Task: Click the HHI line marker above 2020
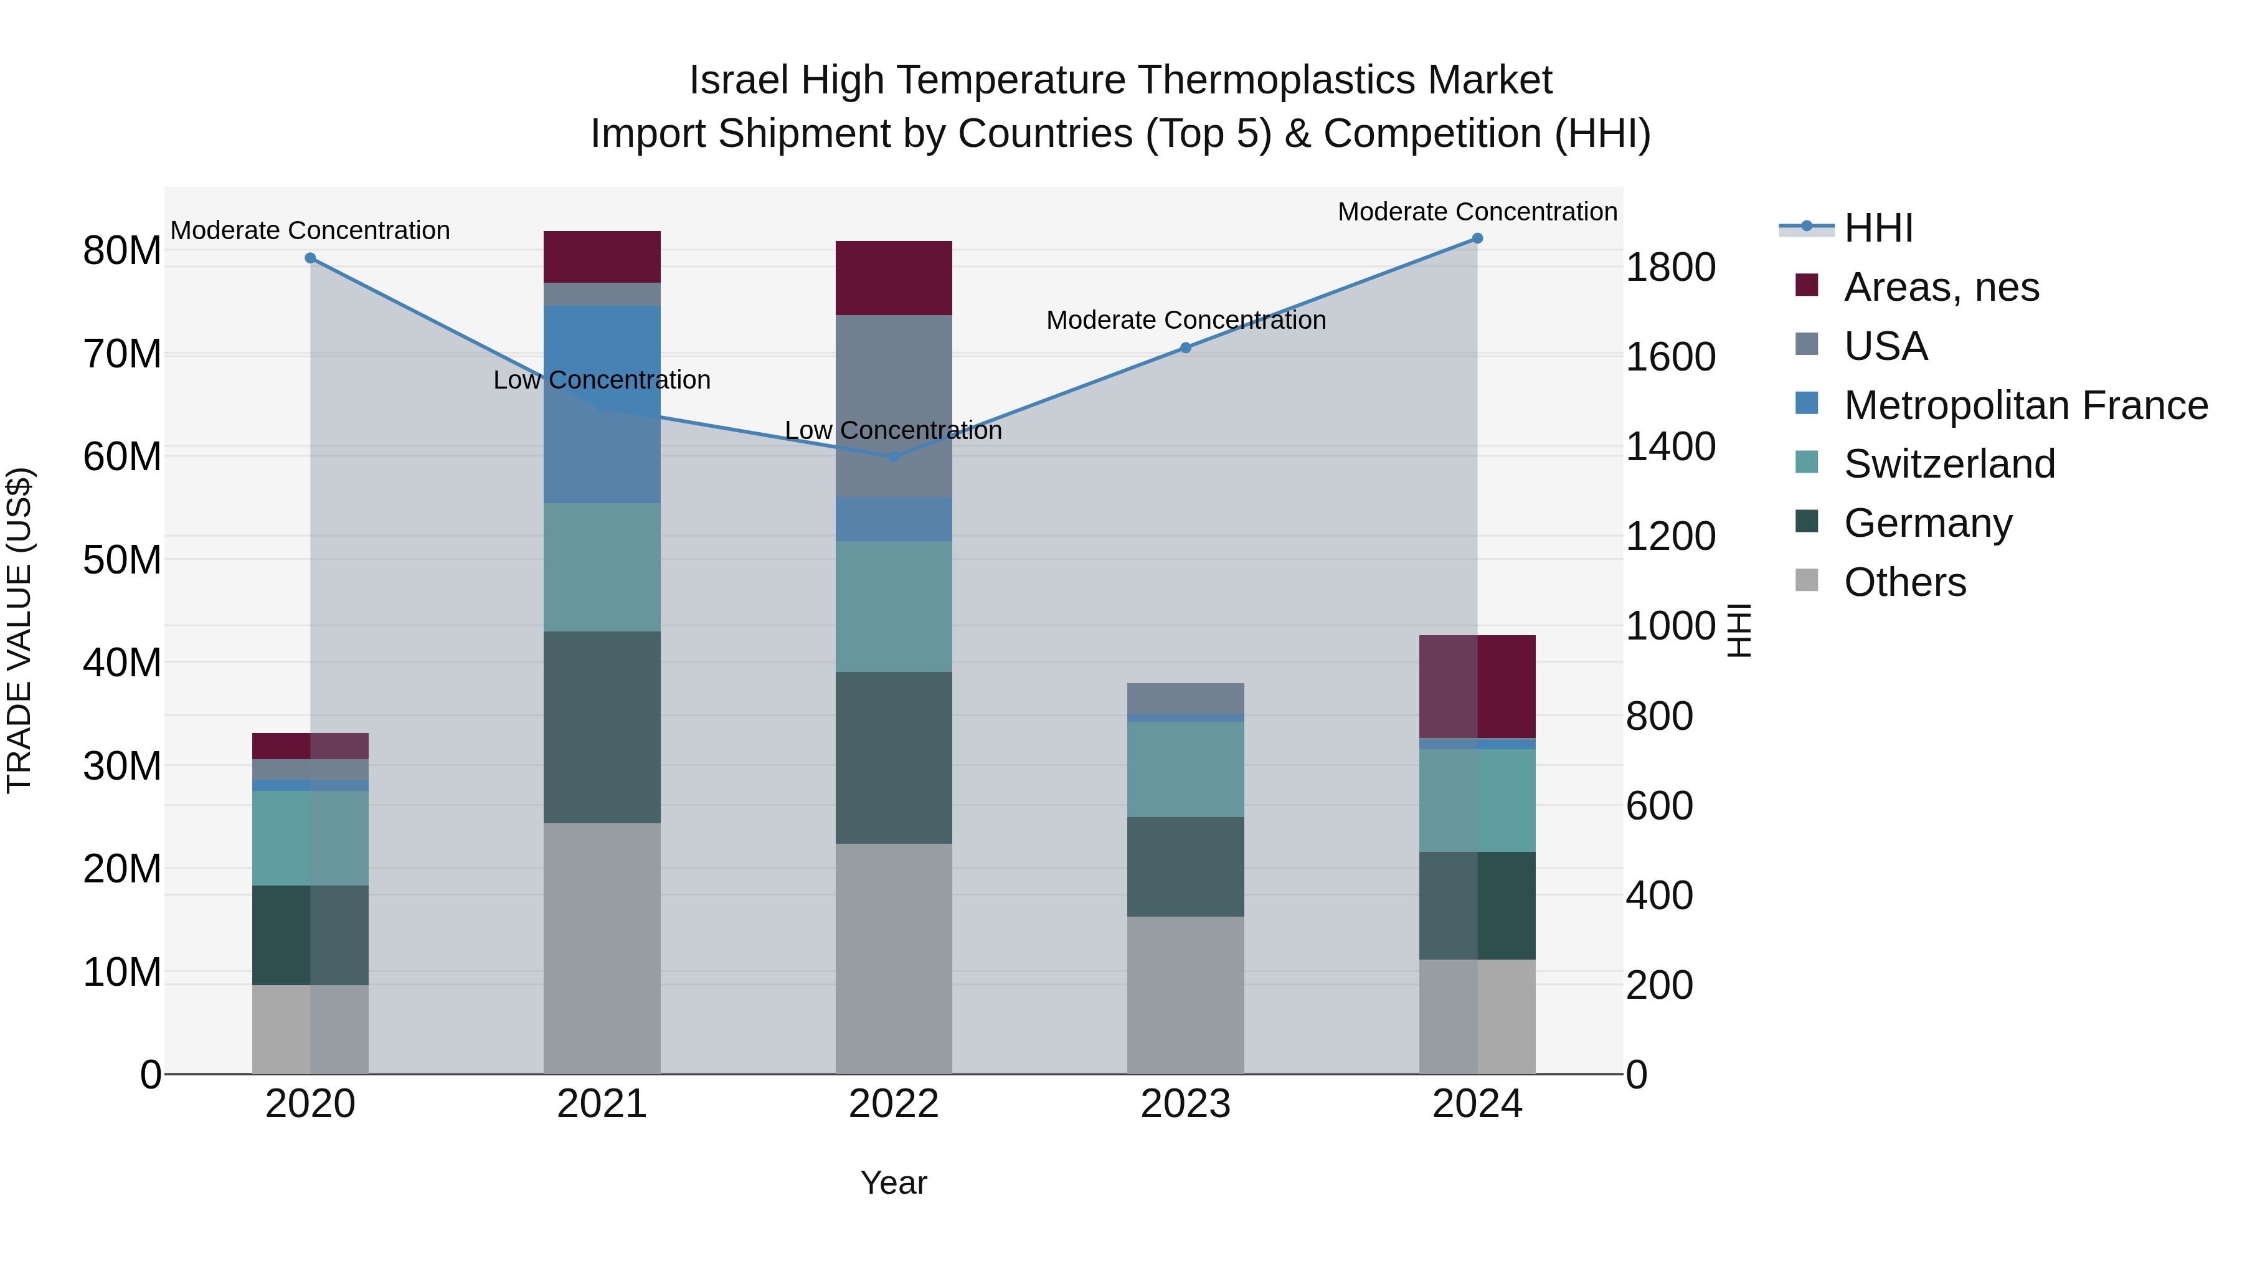point(310,258)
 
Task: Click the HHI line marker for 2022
point(894,456)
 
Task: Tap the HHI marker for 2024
point(1477,239)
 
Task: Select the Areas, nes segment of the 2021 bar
point(602,257)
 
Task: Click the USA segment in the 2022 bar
point(894,405)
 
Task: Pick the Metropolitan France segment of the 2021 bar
point(602,404)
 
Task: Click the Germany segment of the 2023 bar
point(1185,866)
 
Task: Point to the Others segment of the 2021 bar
point(602,948)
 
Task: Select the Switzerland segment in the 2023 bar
point(1185,768)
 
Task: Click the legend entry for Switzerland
point(1949,464)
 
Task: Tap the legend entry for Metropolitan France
point(2025,405)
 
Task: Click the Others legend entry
point(1904,582)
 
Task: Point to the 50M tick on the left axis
point(122,560)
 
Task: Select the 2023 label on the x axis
point(1185,1104)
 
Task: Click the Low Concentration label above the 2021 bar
point(602,380)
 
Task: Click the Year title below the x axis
point(894,1183)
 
